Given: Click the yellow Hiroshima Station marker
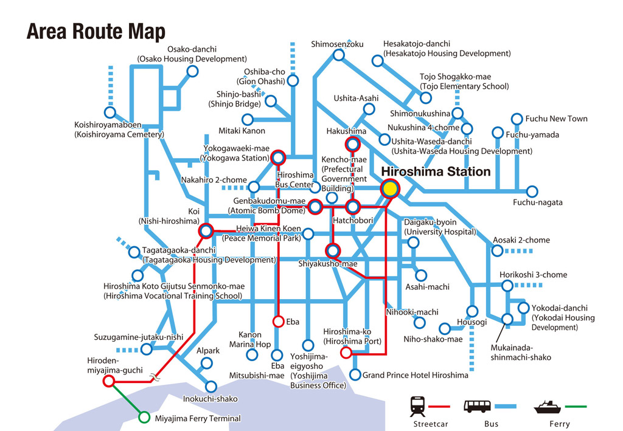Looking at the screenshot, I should point(389,189).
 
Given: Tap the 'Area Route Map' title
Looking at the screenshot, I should point(96,31).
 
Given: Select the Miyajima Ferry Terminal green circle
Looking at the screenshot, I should point(144,417).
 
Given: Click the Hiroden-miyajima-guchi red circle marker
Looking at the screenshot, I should point(109,381).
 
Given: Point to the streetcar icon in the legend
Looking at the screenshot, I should point(418,405).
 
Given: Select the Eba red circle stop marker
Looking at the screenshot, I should point(278,321).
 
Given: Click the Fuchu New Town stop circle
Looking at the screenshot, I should point(517,119).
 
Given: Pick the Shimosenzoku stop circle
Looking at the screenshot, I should point(338,55).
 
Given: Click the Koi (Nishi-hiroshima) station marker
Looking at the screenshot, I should point(206,231).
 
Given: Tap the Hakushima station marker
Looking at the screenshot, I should point(352,145).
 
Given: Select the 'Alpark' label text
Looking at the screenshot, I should point(207,351).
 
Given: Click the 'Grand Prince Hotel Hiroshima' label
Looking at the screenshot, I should point(416,375).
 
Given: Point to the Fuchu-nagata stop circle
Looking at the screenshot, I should point(532,191).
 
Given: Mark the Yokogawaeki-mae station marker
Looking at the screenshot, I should point(278,158).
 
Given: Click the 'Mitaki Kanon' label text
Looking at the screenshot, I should point(242,131).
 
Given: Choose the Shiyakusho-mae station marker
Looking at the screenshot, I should point(332,250).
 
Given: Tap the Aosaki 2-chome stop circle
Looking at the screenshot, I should point(490,250).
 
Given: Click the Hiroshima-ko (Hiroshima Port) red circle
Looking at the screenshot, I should point(346,352).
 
